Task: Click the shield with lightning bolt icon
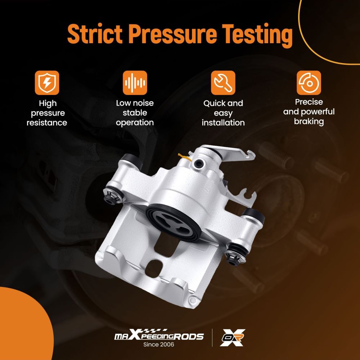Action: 47,83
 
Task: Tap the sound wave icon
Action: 135,83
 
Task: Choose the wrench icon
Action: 223,83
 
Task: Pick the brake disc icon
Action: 309,83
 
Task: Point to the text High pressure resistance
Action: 47,113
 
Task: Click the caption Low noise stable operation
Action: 135,113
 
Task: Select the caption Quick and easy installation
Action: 223,113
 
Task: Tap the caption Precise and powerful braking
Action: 309,112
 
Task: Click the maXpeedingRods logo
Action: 159,335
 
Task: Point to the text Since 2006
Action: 159,345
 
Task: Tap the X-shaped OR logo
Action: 232,337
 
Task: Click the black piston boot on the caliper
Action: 174,222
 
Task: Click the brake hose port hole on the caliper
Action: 198,163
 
